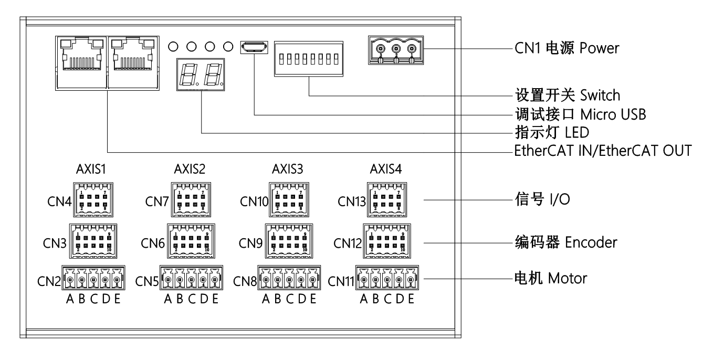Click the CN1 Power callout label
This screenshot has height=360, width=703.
click(x=567, y=49)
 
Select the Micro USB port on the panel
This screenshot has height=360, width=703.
click(x=254, y=47)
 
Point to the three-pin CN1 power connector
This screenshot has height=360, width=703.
click(x=395, y=51)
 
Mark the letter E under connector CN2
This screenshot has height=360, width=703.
click(x=117, y=300)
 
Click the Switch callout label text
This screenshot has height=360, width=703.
click(x=602, y=96)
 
